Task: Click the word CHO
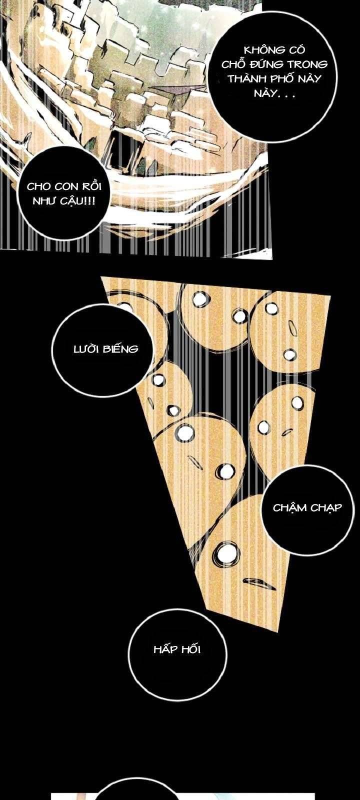coord(38,186)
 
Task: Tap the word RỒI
coord(90,186)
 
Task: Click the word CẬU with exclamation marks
coord(78,201)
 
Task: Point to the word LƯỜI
coord(87,348)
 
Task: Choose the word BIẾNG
coord(120,348)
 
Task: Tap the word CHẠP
coord(326,508)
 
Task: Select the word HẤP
coord(164,649)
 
